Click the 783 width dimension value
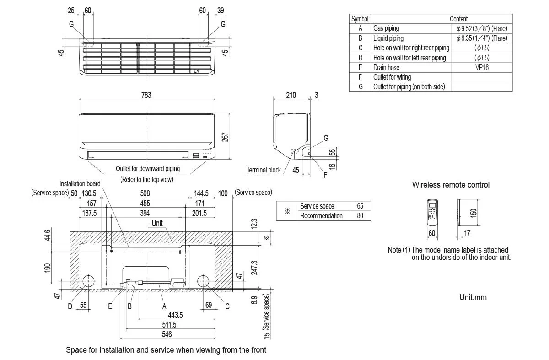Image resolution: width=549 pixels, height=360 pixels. [146, 95]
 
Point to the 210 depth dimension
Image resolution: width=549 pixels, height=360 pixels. [291, 95]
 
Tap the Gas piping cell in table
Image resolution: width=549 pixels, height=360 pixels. [386, 28]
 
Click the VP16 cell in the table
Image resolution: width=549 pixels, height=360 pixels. [482, 67]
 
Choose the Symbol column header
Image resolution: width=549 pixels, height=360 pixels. [360, 19]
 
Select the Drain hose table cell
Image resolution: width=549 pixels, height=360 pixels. [386, 67]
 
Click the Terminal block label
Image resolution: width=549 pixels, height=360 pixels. [264, 170]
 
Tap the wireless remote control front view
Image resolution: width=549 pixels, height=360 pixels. [432, 212]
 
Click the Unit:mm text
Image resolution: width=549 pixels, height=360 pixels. [473, 297]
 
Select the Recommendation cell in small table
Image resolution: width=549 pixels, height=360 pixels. [321, 215]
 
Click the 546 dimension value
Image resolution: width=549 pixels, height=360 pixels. [167, 335]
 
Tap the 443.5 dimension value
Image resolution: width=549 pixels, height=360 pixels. [175, 315]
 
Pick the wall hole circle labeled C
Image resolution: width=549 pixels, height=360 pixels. [203, 281]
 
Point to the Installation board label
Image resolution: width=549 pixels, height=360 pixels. [80, 184]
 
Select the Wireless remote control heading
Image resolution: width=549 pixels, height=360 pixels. [451, 185]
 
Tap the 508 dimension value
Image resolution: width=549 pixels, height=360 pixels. [145, 193]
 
